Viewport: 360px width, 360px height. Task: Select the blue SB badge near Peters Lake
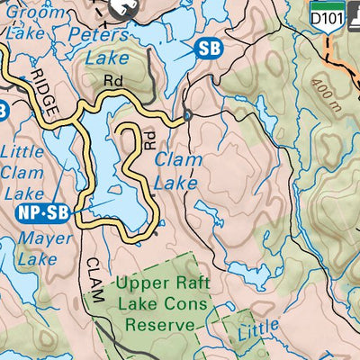pyautogui.click(x=208, y=48)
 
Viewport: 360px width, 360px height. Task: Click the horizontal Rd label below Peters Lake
pyautogui.click(x=112, y=81)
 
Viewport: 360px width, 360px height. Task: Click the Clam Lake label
pyautogui.click(x=176, y=170)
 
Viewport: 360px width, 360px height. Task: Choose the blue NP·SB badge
pyautogui.click(x=42, y=213)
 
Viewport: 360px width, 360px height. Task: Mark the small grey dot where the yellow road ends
pyautogui.click(x=186, y=116)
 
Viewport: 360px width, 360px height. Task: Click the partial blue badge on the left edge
pyautogui.click(x=4, y=111)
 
